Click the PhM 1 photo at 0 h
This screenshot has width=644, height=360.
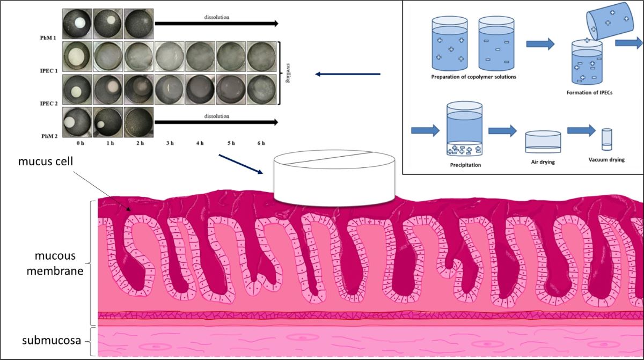[77, 24]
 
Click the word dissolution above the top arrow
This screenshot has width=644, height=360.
[217, 17]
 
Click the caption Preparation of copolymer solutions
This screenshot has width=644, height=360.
[466, 77]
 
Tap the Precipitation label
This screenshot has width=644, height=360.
[465, 165]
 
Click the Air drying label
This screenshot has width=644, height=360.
[543, 161]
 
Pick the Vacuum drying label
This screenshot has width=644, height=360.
[606, 159]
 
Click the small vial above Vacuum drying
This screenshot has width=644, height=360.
[606, 139]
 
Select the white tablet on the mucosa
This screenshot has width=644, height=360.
[334, 180]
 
